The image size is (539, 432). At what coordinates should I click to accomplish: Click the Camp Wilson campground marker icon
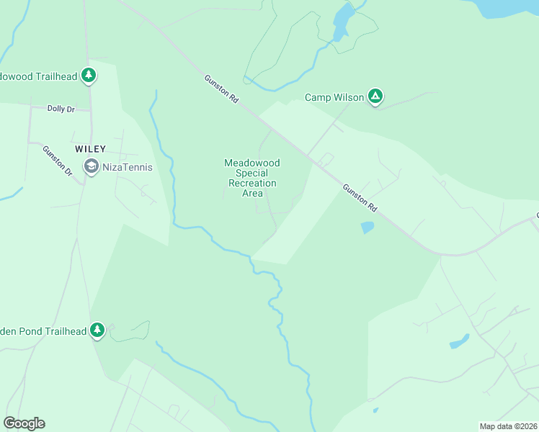[375, 95]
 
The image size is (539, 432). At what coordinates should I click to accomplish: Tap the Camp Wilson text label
[334, 97]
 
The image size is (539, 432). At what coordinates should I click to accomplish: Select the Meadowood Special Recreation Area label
[252, 178]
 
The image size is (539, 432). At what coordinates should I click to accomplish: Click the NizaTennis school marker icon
[91, 166]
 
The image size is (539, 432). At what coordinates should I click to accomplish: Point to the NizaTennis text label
[128, 168]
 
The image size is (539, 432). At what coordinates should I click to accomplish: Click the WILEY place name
[91, 149]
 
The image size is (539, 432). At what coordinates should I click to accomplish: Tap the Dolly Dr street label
[61, 109]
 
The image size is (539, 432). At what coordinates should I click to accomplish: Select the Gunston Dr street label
[58, 161]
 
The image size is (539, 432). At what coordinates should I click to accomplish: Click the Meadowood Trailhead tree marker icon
[88, 74]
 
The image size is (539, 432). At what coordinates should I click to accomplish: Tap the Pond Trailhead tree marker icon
[97, 330]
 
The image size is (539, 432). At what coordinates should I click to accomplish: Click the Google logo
[24, 423]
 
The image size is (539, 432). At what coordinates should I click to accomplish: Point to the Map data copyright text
[509, 426]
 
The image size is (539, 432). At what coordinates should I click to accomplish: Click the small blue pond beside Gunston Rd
[367, 228]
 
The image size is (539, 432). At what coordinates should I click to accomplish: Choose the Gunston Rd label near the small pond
[360, 197]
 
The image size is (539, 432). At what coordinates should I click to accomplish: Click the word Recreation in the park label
[252, 184]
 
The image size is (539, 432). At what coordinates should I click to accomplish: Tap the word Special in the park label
[252, 174]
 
